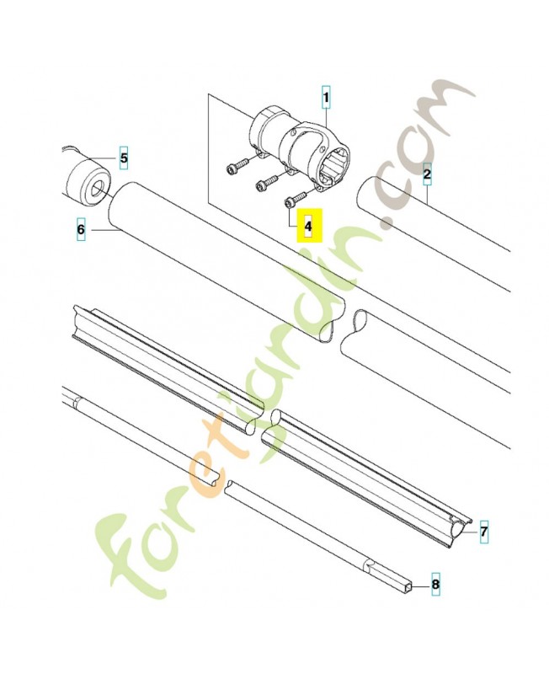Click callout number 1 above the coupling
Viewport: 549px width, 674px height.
[326, 99]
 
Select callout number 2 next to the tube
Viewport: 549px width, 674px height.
[427, 175]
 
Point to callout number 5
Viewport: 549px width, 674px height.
[123, 158]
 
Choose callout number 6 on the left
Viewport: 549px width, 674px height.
[81, 228]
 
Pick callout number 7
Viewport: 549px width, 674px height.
[483, 532]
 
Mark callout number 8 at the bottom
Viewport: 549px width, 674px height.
[435, 583]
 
